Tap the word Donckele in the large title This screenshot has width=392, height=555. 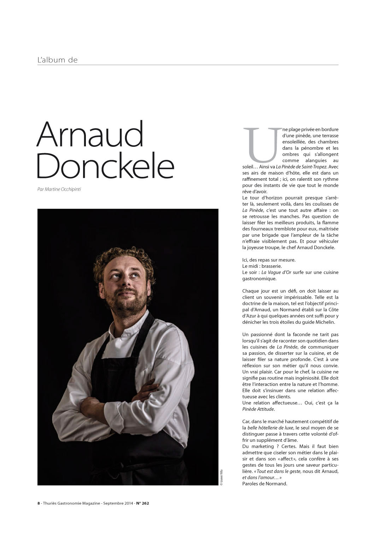tap(105, 166)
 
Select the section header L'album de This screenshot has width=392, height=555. tap(57, 60)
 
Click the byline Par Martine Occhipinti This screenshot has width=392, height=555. tap(59, 189)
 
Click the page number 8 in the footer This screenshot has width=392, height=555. tap(39, 503)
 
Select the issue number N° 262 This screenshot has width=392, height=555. tap(142, 503)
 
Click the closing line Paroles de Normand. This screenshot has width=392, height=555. tap(265, 484)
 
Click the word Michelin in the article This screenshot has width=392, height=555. tap(326, 322)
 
